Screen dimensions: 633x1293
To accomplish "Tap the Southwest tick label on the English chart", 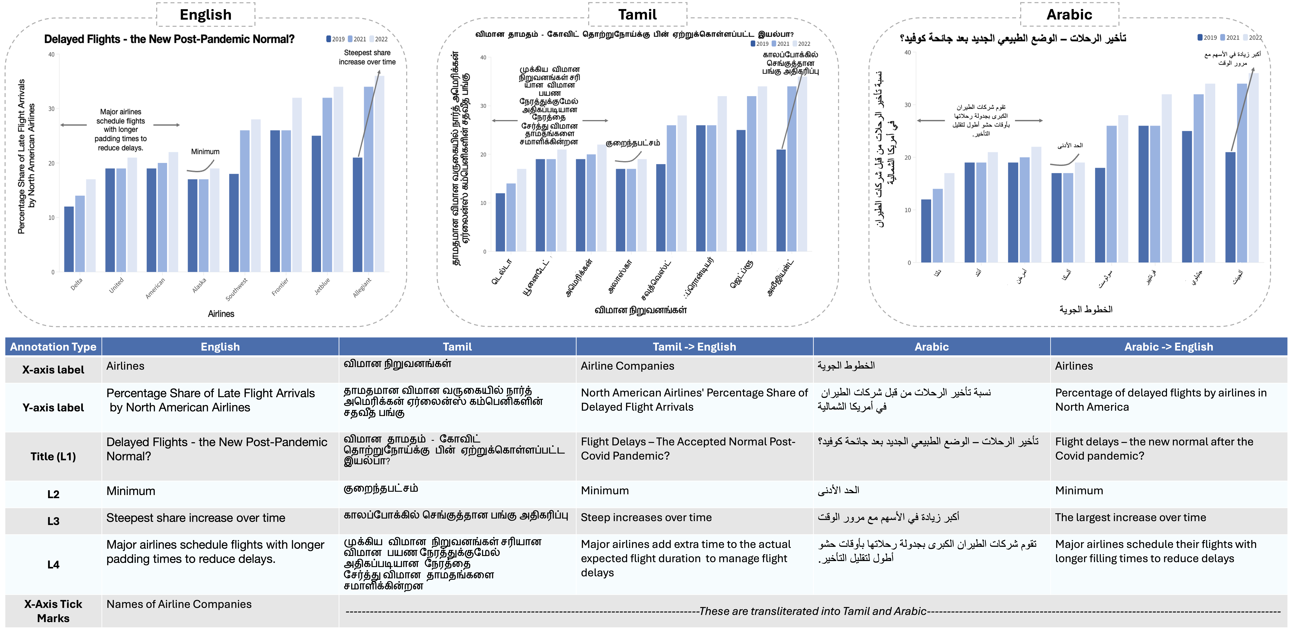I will [x=236, y=290].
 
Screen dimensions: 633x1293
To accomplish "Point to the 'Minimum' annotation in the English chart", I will [x=205, y=152].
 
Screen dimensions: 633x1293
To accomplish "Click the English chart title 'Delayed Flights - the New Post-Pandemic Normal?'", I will [x=169, y=39].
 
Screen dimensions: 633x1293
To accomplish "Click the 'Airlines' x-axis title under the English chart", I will [x=221, y=314].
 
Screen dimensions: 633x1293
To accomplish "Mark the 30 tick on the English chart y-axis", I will [x=51, y=109].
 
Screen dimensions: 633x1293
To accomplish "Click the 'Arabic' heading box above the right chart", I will [x=1069, y=14].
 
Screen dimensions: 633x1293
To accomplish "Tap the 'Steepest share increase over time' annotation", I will [x=367, y=57].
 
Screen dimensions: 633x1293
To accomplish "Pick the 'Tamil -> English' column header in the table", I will [x=694, y=347].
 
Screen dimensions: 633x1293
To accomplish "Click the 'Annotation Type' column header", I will [x=53, y=347].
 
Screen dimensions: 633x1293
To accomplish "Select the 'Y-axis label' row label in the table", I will [x=53, y=408].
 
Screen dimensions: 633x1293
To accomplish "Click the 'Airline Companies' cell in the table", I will [x=627, y=366].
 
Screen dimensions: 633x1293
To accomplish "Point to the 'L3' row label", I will [x=53, y=521].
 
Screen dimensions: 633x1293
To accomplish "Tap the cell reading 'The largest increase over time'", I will [x=1130, y=518].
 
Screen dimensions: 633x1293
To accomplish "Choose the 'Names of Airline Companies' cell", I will [x=179, y=604].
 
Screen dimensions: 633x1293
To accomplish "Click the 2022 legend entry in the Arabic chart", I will [x=1252, y=38].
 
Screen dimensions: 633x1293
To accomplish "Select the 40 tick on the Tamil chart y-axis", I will [x=483, y=58].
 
